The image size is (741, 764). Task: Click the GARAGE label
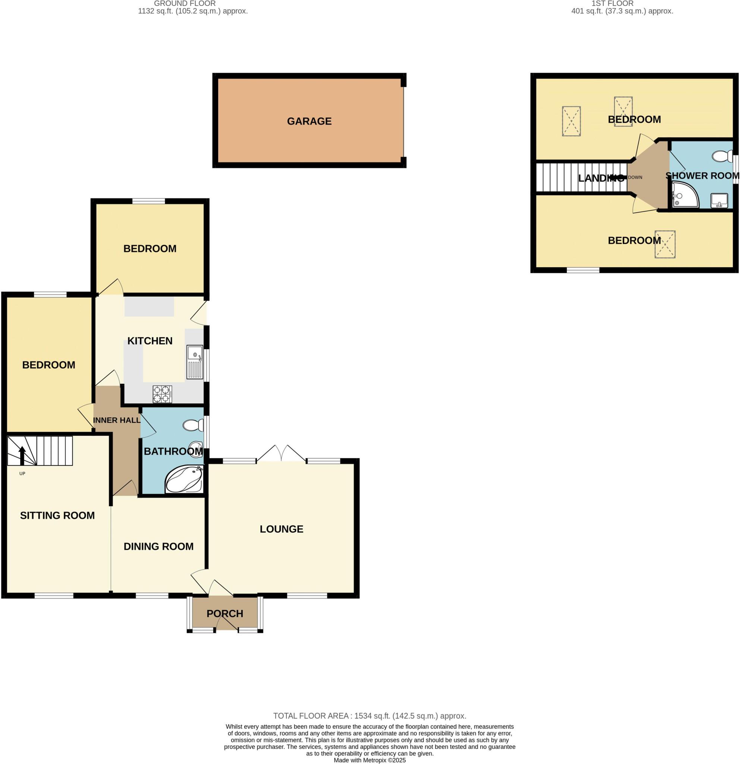(309, 121)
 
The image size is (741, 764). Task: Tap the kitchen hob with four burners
(162, 394)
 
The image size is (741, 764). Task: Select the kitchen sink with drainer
(194, 362)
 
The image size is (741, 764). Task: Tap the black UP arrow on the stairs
(22, 455)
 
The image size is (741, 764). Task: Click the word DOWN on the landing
(635, 177)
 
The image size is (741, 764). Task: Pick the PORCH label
(225, 614)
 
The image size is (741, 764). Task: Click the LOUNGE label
(281, 529)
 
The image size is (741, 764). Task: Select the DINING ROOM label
(158, 547)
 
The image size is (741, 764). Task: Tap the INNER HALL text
(116, 420)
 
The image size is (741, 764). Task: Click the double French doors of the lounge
(281, 454)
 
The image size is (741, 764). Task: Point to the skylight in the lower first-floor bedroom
(665, 244)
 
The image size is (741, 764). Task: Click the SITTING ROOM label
(57, 515)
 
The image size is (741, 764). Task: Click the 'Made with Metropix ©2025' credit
(369, 760)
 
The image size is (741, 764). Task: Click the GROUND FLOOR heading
(185, 3)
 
